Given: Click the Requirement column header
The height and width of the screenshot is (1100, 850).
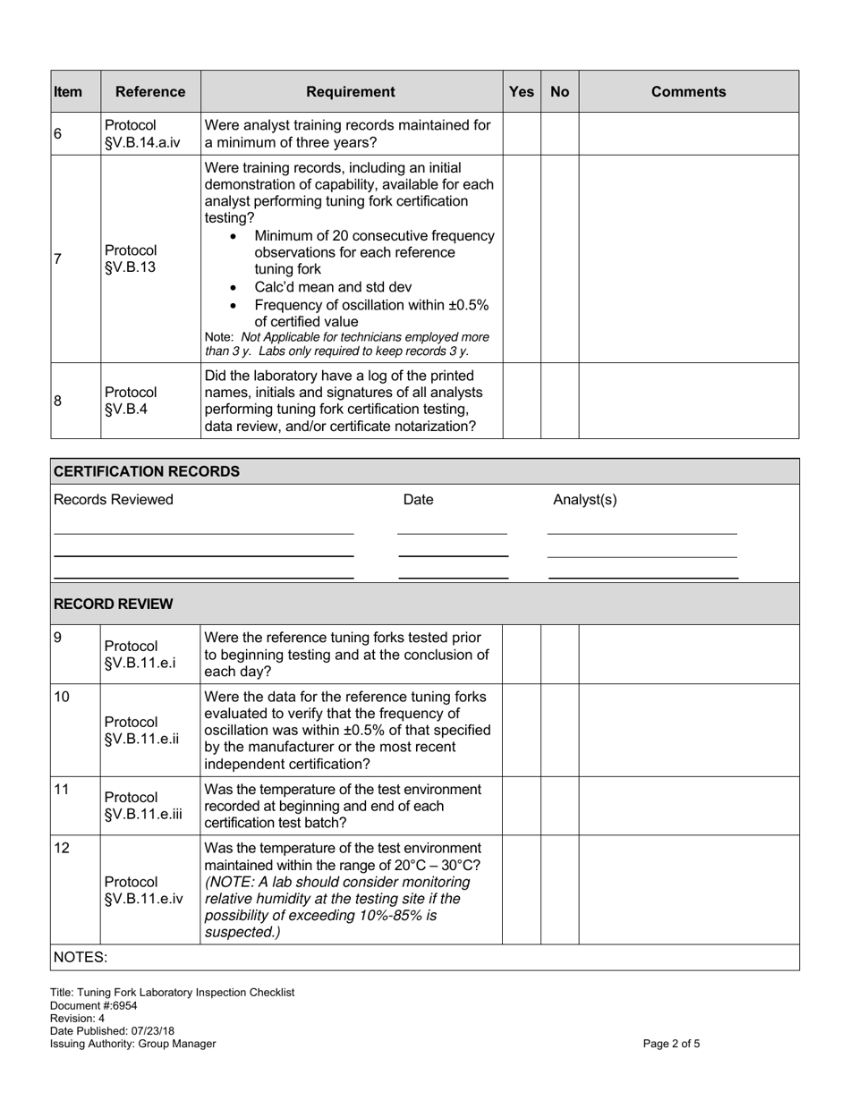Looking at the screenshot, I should tap(351, 91).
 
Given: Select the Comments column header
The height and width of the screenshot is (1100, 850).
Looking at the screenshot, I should tap(688, 91).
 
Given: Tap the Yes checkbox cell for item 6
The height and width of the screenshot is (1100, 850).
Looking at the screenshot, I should tap(521, 133).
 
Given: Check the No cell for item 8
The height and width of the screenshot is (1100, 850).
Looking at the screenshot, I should tap(559, 401).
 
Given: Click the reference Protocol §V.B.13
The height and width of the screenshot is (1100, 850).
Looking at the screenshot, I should tap(131, 258).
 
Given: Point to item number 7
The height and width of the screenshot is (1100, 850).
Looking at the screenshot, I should tap(58, 259).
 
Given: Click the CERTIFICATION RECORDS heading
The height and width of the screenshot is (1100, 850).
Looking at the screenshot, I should tap(147, 471).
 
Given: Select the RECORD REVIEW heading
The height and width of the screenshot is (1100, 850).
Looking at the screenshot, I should tap(114, 604).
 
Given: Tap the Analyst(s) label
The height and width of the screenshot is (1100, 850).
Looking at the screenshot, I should tap(585, 500).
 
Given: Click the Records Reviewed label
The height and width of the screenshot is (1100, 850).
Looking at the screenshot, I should tap(114, 500).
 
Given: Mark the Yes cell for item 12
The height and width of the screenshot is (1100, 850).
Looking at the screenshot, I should tap(521, 890).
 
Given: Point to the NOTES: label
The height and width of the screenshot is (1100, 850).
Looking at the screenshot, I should tap(81, 957).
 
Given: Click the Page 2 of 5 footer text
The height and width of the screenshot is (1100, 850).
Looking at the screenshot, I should tap(672, 1044).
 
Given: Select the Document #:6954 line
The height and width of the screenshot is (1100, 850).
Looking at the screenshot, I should tap(94, 1005).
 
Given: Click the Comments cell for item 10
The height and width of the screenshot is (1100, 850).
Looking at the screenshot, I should tap(688, 730).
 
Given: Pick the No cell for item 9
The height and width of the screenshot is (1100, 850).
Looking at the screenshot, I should tap(559, 654).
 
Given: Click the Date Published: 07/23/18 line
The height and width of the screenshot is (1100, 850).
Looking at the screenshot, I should tap(113, 1031).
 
